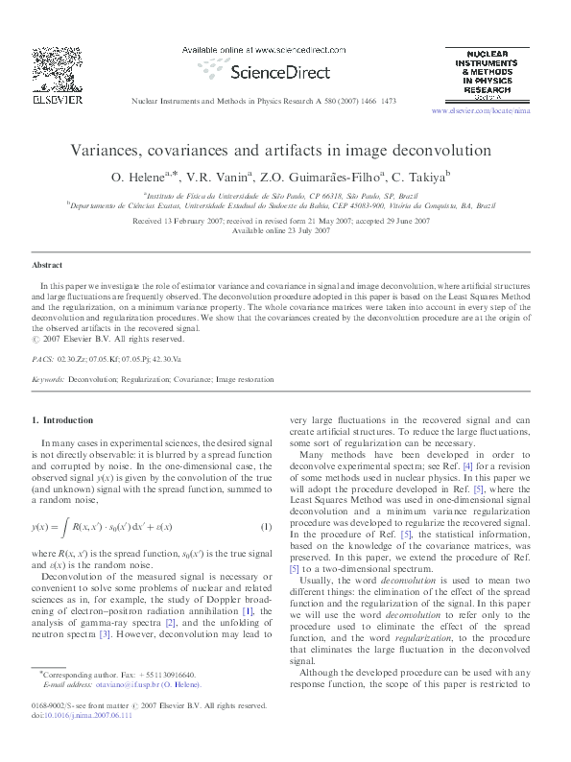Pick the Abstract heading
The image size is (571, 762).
pyautogui.click(x=47, y=264)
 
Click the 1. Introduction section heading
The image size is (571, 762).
pyautogui.click(x=63, y=420)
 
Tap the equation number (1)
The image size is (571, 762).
pyautogui.click(x=268, y=527)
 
